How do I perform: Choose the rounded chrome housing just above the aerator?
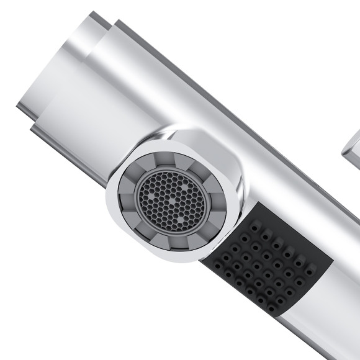pyautogui.click(x=186, y=140)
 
